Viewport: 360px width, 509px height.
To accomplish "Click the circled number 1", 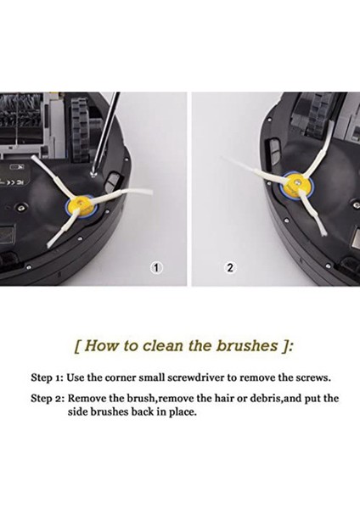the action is (x=156, y=268).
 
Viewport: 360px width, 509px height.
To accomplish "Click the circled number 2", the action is (x=230, y=268).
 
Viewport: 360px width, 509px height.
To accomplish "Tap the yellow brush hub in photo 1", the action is (x=80, y=207).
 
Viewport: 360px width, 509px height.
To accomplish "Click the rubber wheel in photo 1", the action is (x=80, y=130).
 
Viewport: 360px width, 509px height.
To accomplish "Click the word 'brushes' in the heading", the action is (x=247, y=345).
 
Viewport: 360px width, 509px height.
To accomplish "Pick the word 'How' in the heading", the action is (x=99, y=345).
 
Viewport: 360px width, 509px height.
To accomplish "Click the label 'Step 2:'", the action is (x=48, y=399).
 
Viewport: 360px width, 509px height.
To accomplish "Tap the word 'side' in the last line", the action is (x=77, y=412).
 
